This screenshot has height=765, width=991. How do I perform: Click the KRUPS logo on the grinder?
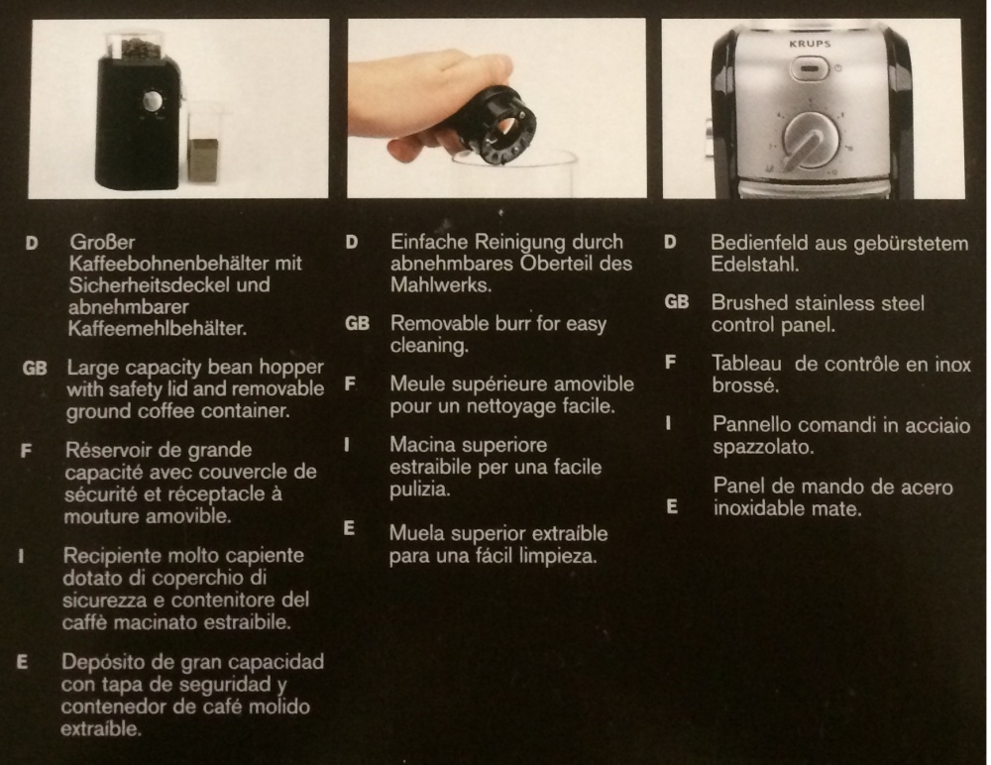coord(810,45)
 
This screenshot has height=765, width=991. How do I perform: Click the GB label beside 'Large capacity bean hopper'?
coord(35,368)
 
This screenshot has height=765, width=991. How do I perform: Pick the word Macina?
coord(419,445)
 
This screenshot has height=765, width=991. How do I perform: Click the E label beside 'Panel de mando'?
coord(672,507)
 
